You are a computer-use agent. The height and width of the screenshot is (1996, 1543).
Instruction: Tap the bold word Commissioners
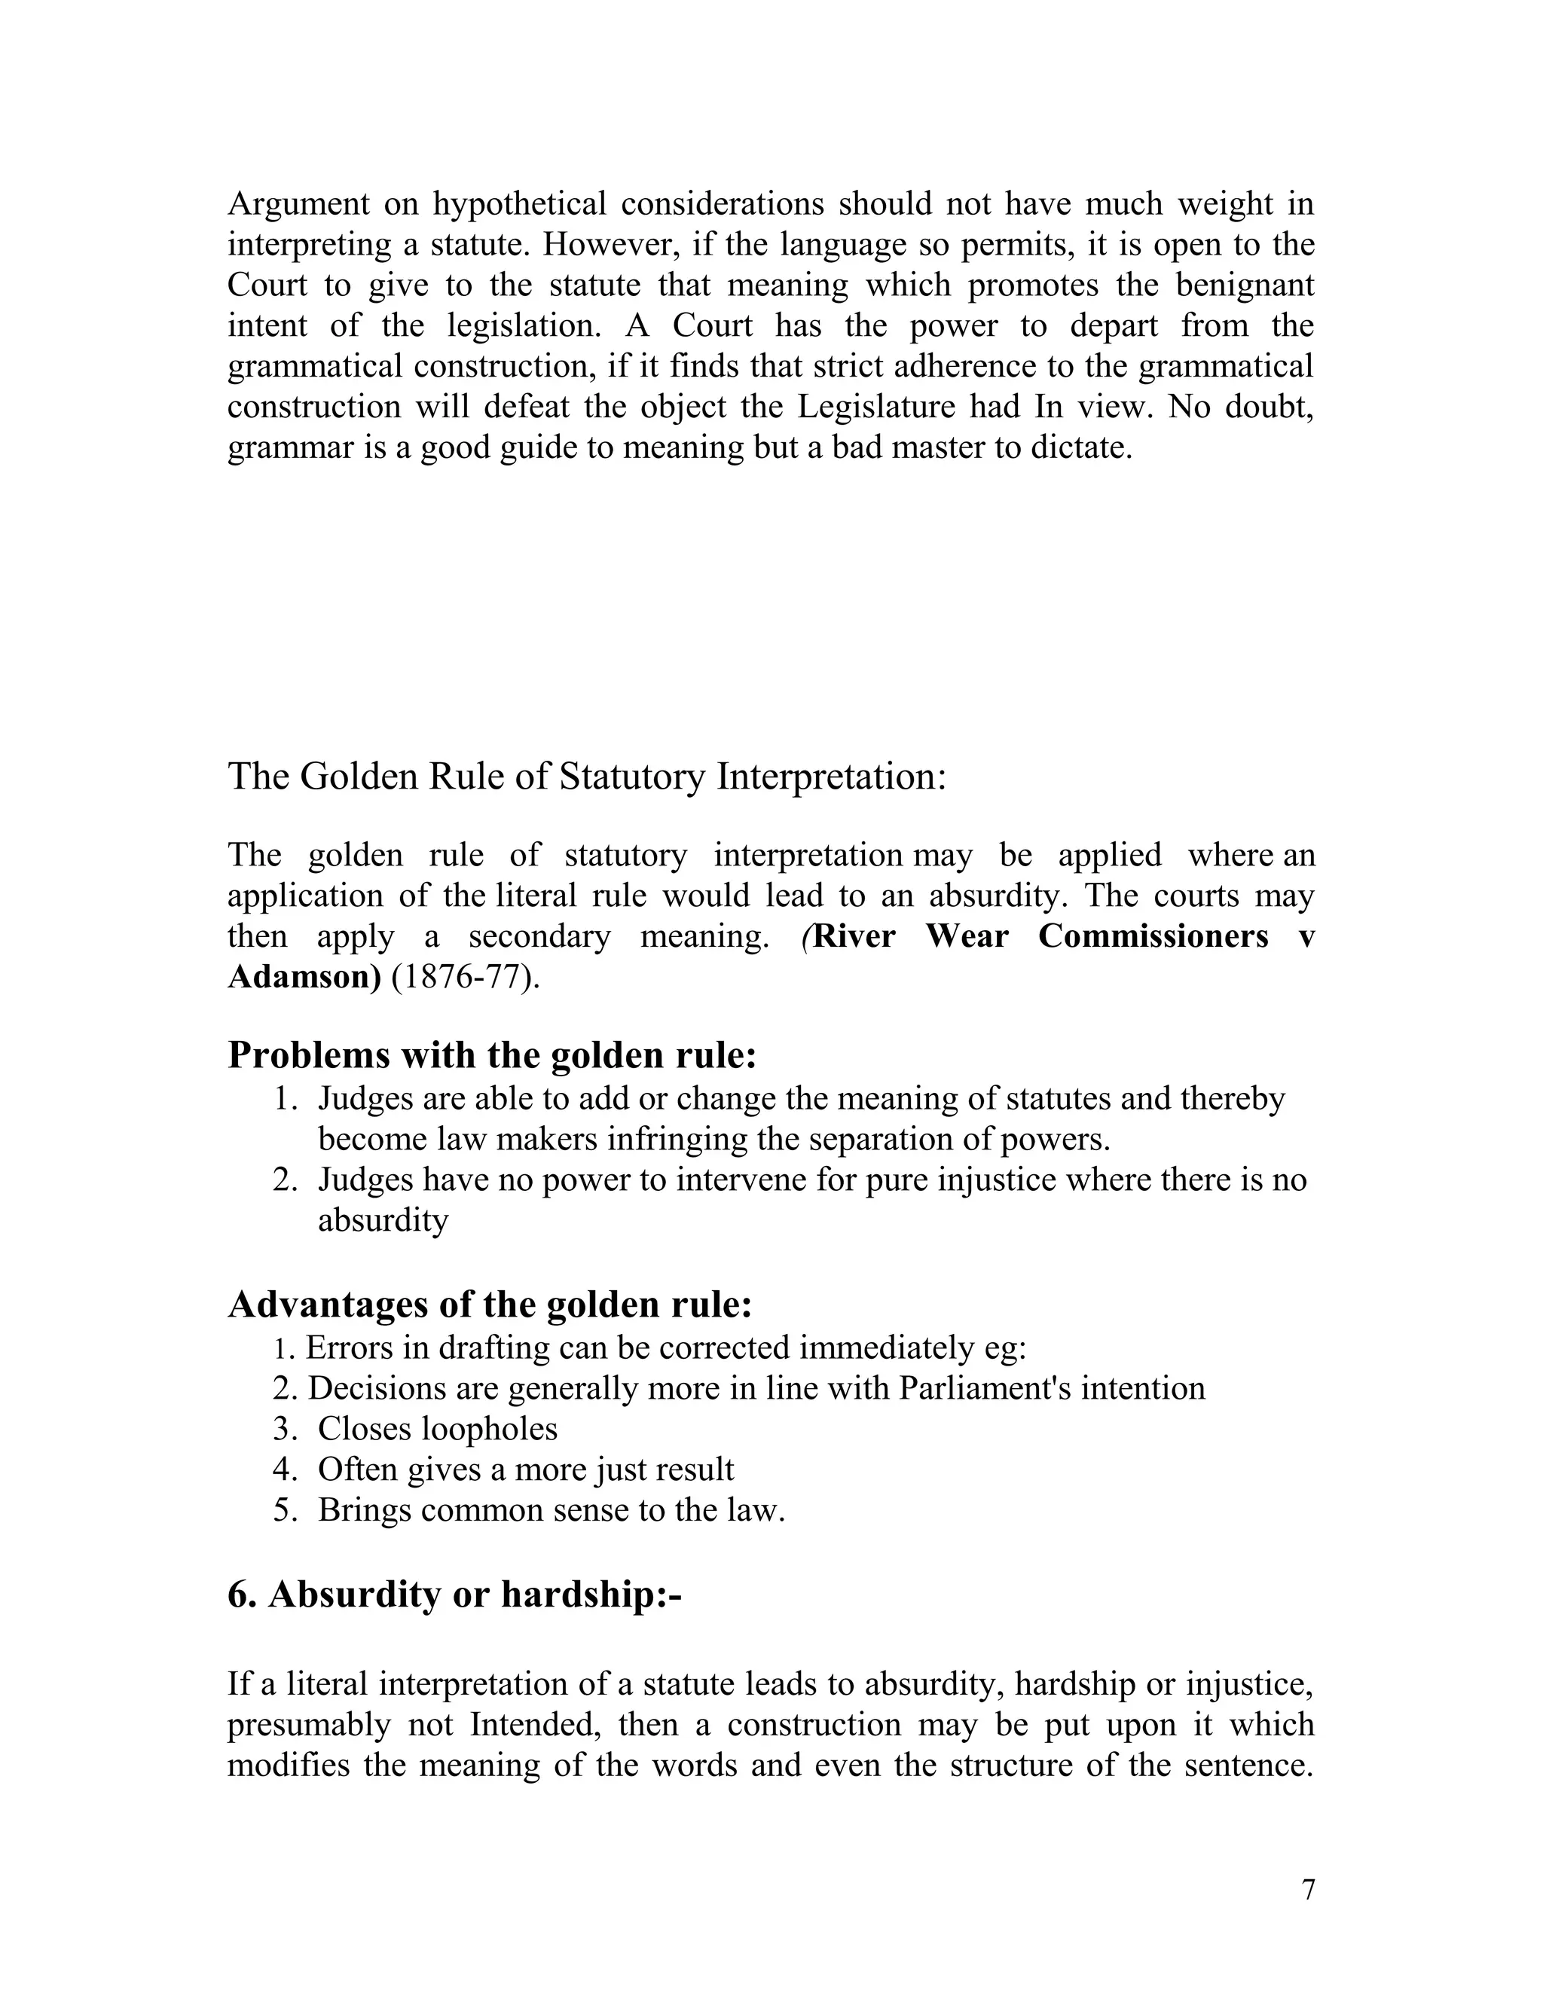1153,937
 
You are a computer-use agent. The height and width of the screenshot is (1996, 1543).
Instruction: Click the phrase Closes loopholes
437,1428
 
